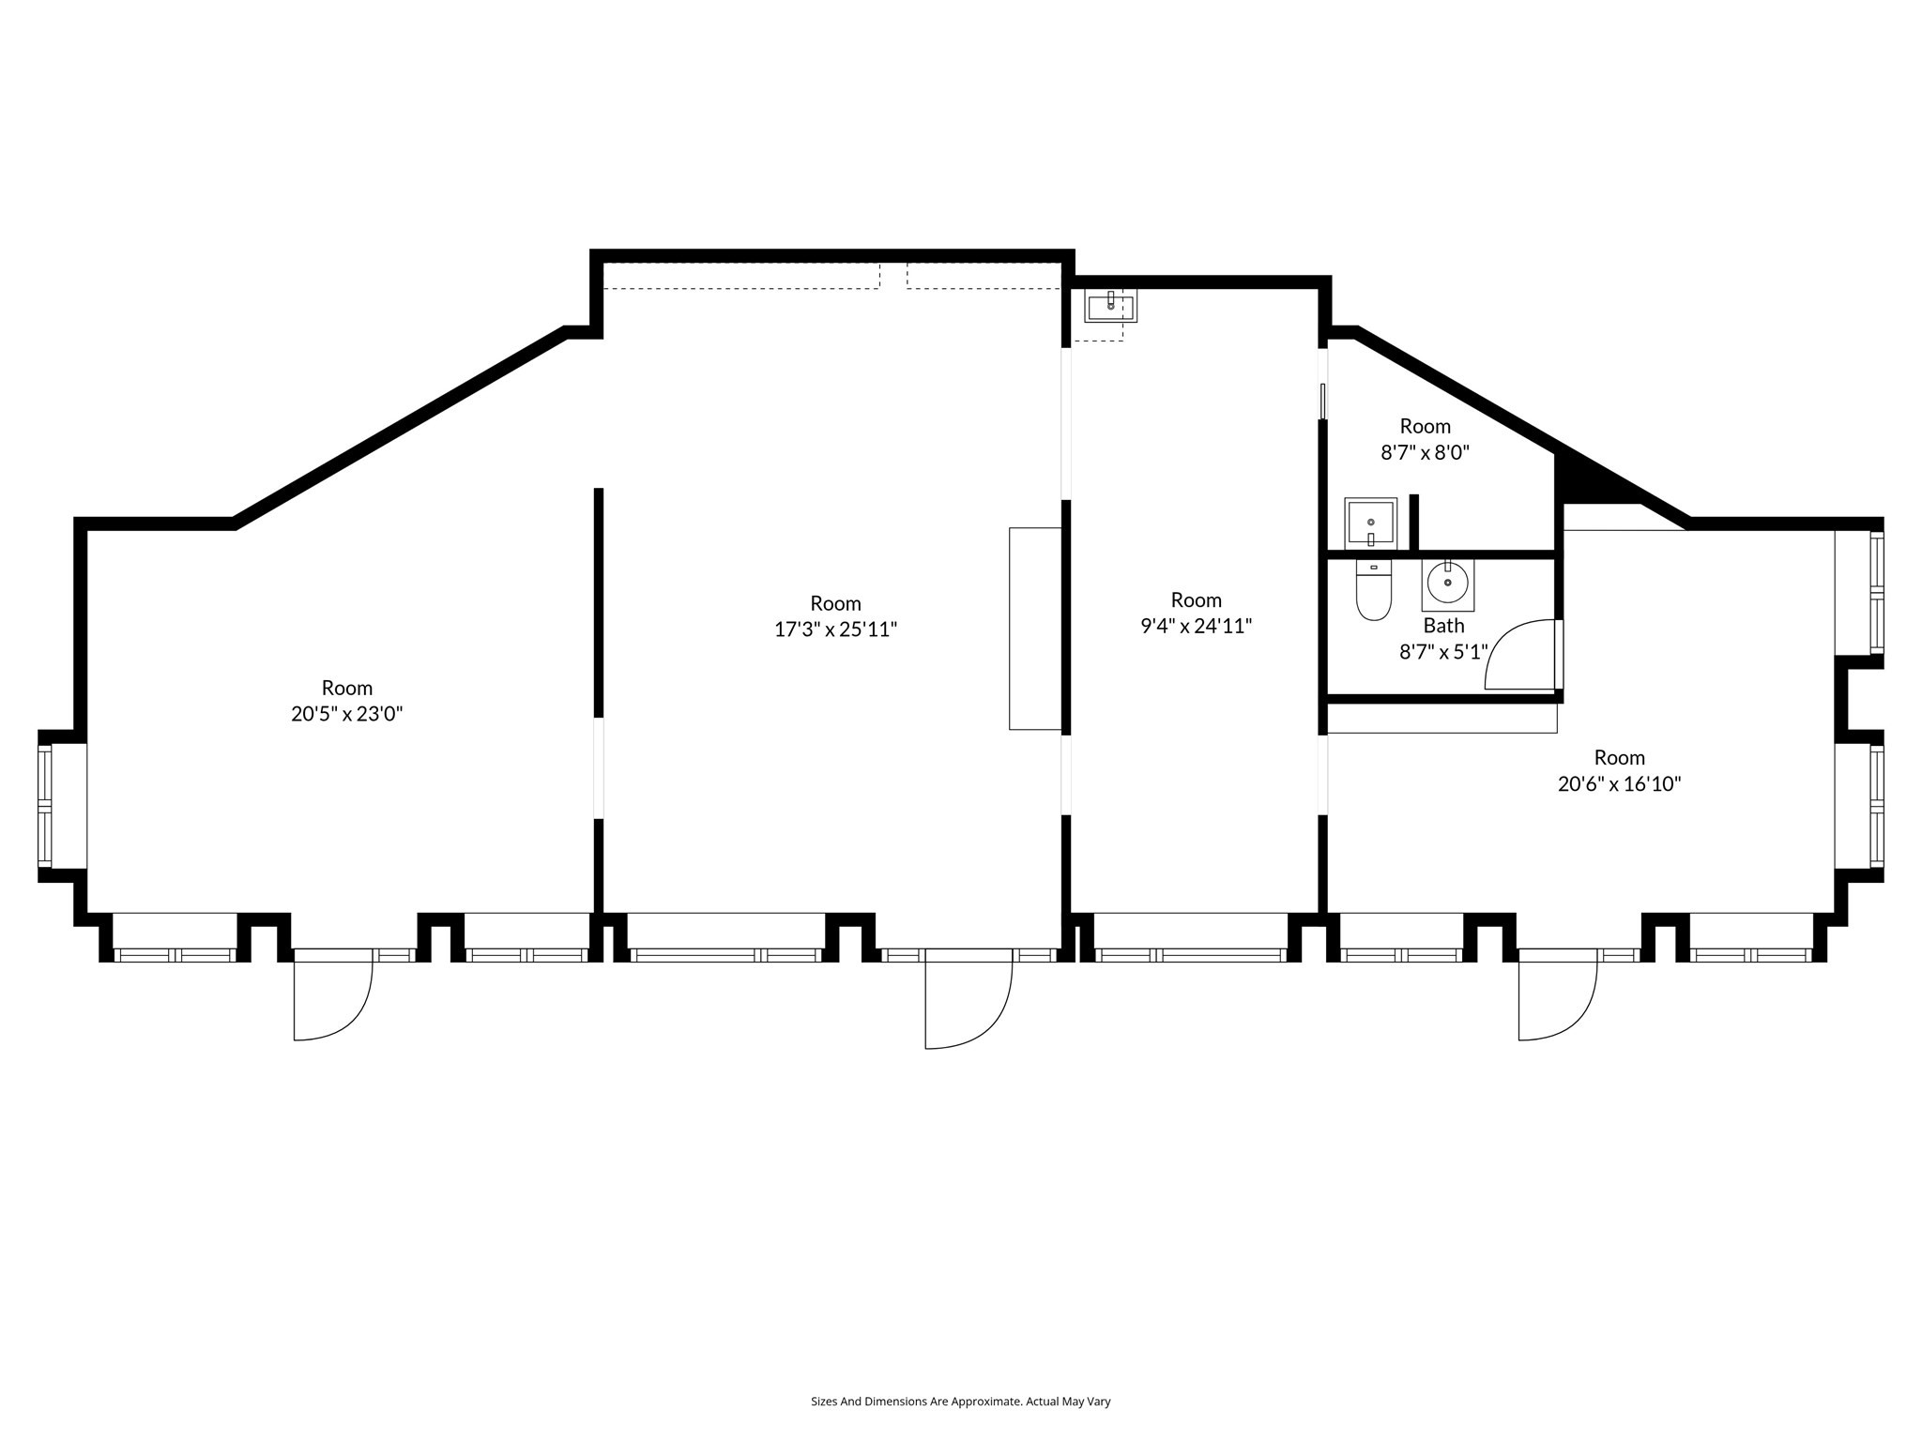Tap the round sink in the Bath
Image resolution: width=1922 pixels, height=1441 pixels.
[1448, 584]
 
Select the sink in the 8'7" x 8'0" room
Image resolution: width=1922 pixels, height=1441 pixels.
[1370, 523]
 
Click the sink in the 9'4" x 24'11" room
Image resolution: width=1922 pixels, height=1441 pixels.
[1110, 305]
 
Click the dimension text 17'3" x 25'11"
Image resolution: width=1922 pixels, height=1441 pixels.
[835, 629]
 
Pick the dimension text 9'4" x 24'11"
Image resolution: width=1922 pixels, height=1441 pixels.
[1197, 626]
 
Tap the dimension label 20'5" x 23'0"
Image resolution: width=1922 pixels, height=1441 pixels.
[346, 714]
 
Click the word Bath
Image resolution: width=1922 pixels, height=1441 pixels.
[1443, 626]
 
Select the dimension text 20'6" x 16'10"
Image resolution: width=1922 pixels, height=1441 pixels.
[1619, 784]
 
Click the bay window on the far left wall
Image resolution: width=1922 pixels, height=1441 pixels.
[45, 806]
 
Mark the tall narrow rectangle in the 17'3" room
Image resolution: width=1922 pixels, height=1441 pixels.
[1035, 629]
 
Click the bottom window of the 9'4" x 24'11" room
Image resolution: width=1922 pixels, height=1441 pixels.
[1191, 955]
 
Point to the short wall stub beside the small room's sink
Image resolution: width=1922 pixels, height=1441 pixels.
[1413, 523]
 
